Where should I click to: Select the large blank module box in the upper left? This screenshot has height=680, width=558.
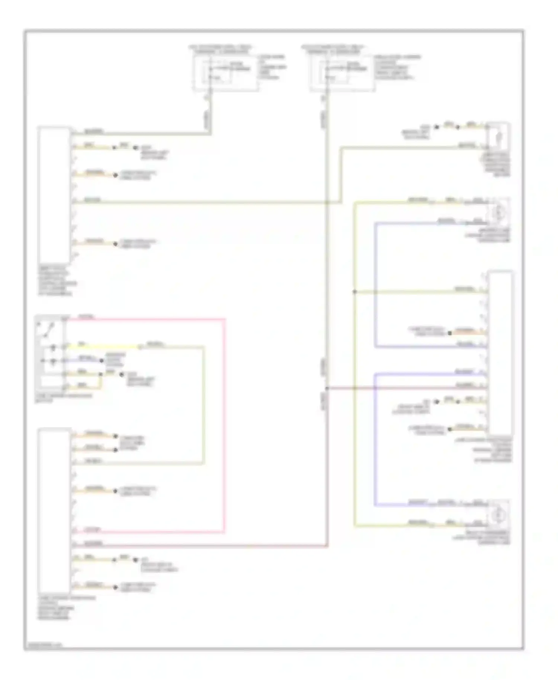click(x=54, y=195)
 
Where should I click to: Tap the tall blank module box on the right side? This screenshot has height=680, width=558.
click(x=500, y=353)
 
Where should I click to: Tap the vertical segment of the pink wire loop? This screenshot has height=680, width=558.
click(x=225, y=424)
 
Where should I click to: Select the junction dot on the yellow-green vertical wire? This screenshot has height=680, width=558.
click(x=355, y=292)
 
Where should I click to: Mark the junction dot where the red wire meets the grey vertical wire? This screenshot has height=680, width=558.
click(x=327, y=388)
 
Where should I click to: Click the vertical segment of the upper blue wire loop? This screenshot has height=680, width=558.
click(x=375, y=285)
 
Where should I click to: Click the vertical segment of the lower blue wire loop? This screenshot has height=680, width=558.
click(x=375, y=439)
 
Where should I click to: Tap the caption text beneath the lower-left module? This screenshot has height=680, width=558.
click(x=56, y=608)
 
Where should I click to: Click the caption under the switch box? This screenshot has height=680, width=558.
click(x=63, y=398)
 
